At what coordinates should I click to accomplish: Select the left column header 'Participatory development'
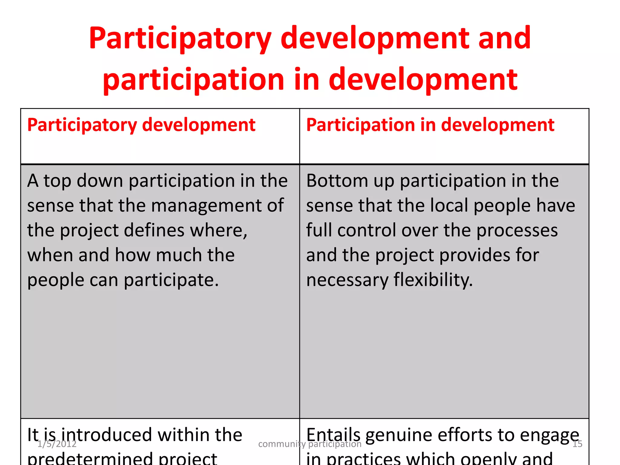click(141, 125)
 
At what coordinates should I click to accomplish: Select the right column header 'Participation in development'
click(430, 125)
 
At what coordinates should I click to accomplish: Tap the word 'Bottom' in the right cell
click(337, 181)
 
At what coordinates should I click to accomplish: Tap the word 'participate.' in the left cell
click(171, 280)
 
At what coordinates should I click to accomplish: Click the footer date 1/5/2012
click(57, 444)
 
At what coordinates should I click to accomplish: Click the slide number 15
click(577, 444)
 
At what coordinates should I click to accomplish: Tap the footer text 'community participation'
click(310, 444)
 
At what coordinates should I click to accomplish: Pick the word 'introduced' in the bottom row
click(108, 435)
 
